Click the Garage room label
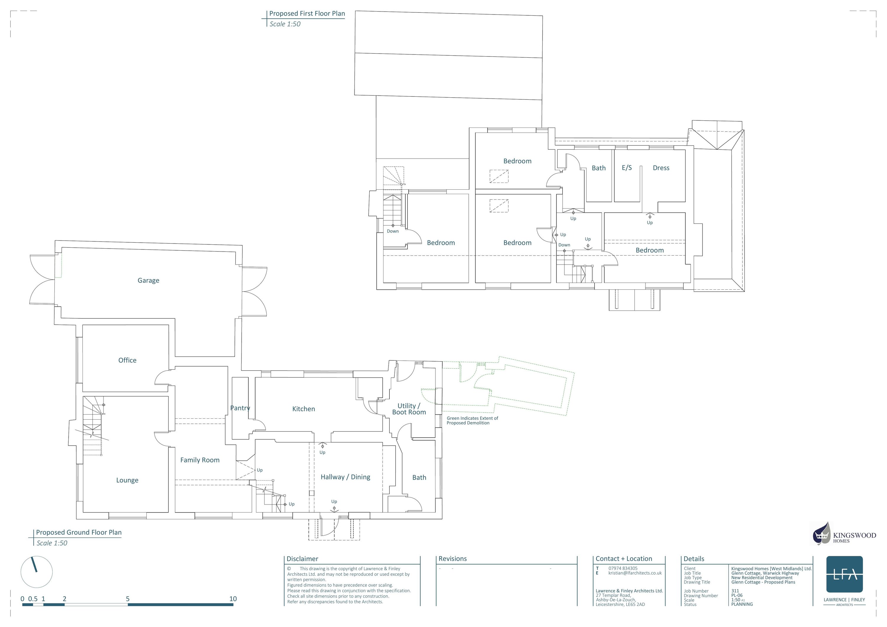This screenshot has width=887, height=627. [148, 281]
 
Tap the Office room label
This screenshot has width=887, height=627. [127, 360]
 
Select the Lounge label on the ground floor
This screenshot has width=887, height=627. [127, 480]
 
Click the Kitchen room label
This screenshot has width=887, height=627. [303, 409]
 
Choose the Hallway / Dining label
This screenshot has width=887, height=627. [345, 477]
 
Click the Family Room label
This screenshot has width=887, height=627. [200, 460]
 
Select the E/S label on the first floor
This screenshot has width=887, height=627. [627, 168]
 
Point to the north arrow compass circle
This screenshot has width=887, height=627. [36, 572]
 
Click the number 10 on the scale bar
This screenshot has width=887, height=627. [233, 599]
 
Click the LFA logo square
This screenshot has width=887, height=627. [844, 574]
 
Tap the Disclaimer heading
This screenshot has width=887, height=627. [302, 559]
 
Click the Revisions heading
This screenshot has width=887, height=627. [452, 559]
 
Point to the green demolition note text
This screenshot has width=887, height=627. [472, 420]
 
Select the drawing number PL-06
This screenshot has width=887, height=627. [737, 595]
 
